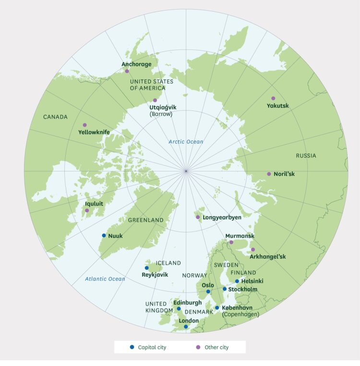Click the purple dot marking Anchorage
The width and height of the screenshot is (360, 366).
point(127,71)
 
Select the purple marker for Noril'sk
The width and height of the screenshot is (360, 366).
point(269,174)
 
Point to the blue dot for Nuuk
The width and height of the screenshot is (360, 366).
point(104,235)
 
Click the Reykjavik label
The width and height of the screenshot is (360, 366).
point(155,275)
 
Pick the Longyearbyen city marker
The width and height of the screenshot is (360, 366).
point(198,217)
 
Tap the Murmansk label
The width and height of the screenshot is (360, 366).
point(240,236)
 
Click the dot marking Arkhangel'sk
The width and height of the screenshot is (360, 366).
point(253,249)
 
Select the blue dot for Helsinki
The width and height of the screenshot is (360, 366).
point(237,281)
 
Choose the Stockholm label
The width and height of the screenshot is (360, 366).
point(243,290)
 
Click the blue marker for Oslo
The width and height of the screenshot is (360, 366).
point(208,292)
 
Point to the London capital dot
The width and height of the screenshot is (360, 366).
point(186,327)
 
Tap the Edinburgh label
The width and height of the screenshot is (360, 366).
point(187,303)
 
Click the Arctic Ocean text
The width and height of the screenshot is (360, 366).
point(186,142)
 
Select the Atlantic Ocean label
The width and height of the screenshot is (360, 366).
point(105,279)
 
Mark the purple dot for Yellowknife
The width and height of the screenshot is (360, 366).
point(84,125)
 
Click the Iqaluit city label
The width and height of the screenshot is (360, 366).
point(94,204)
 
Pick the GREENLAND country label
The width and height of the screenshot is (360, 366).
point(145,220)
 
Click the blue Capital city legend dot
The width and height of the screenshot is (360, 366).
point(132,347)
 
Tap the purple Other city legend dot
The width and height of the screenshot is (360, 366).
point(198,347)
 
